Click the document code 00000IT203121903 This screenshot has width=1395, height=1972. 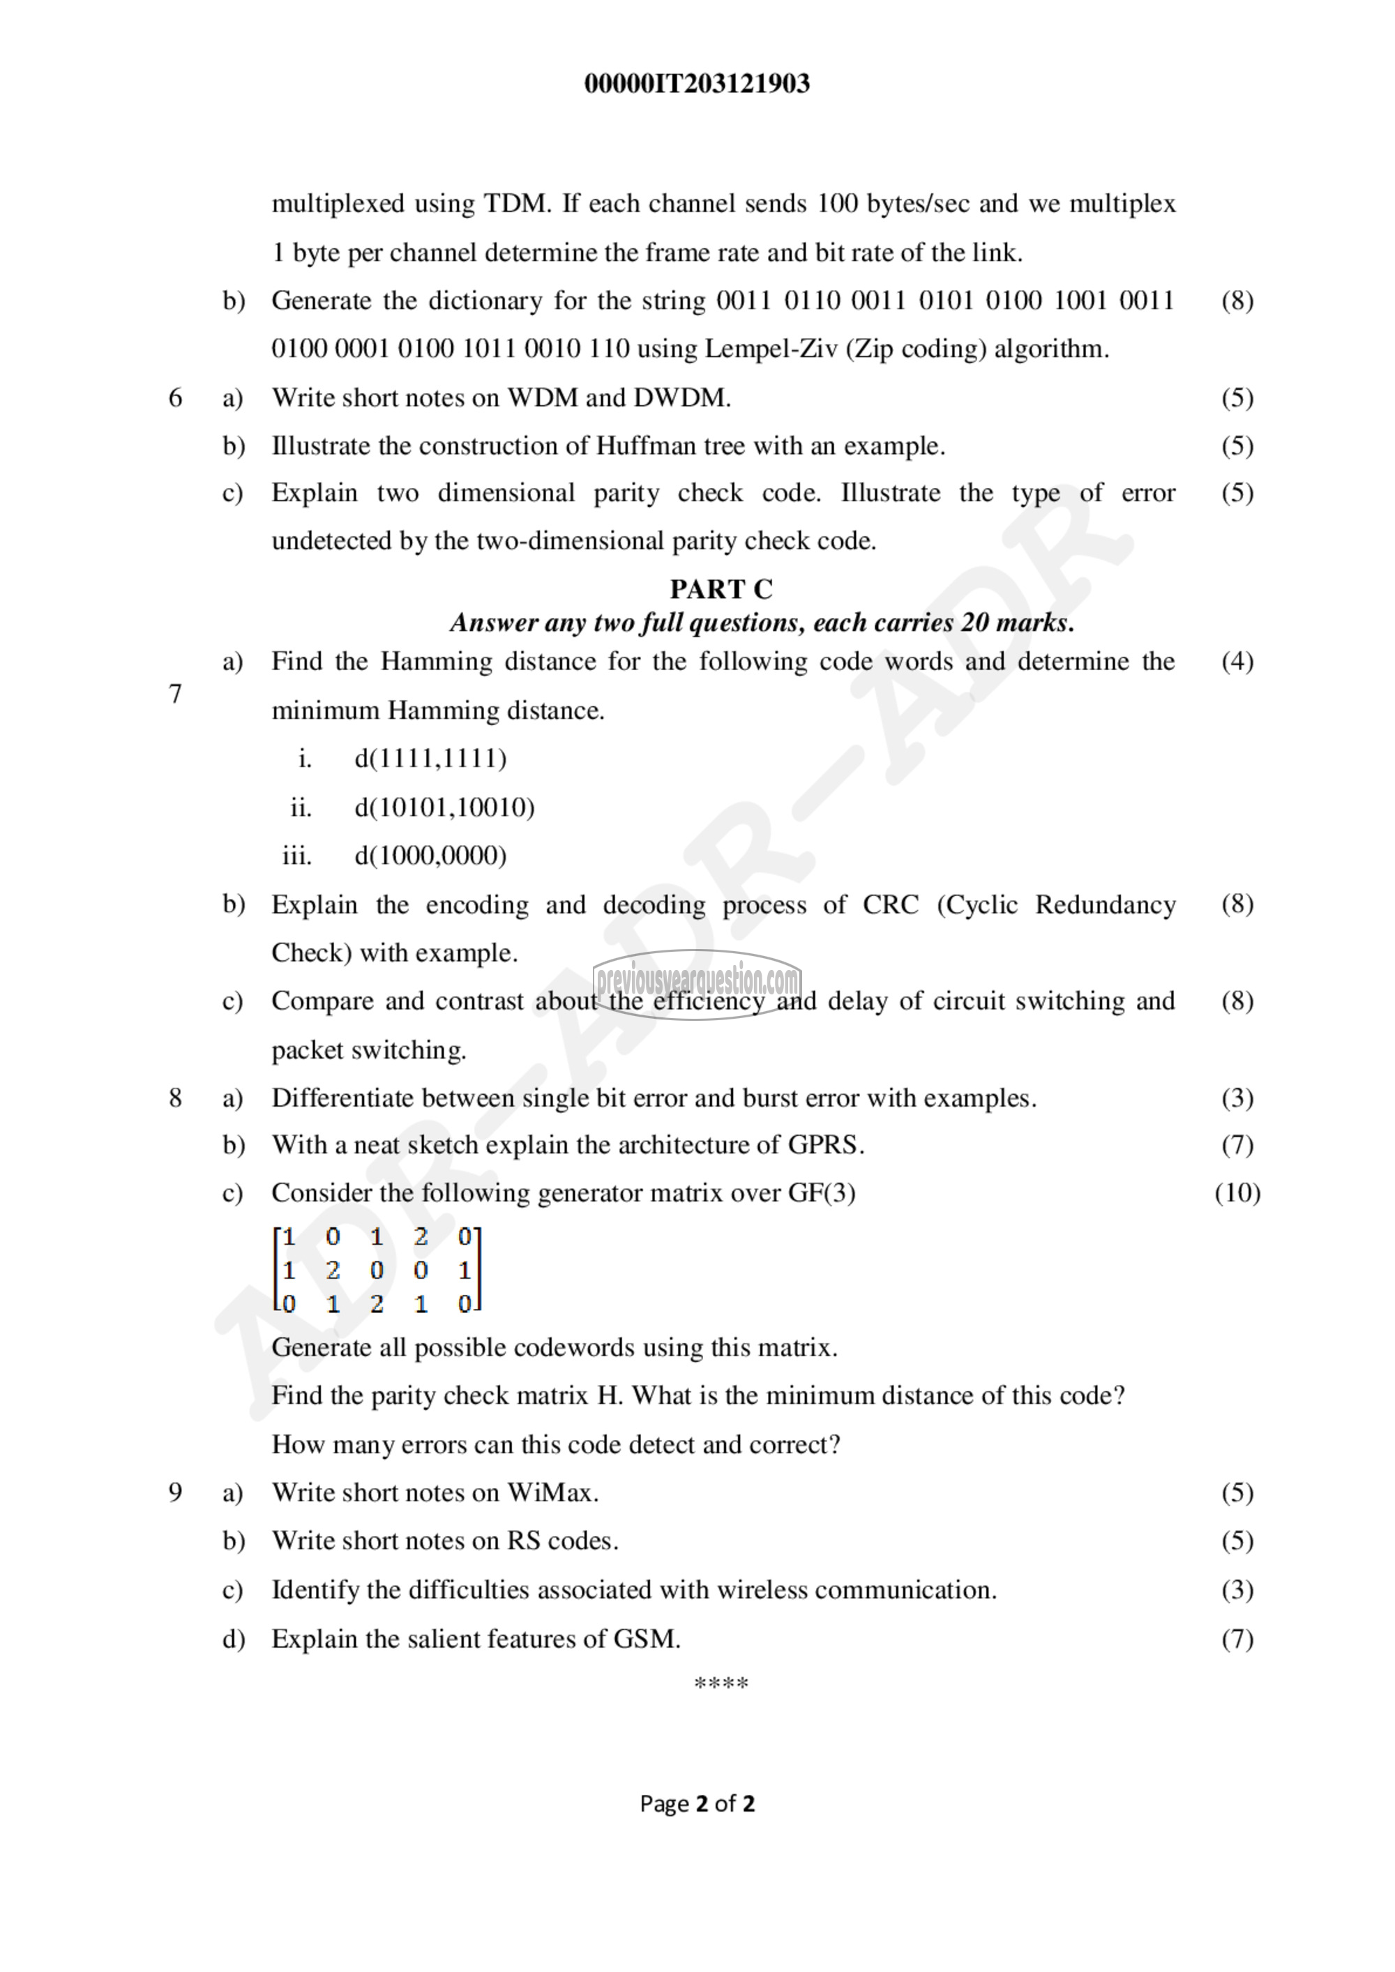pos(697,83)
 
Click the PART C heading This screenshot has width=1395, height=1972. pos(721,589)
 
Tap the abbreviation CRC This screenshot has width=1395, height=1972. pos(891,904)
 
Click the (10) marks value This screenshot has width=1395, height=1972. pos(1237,1193)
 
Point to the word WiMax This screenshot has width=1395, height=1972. pos(552,1493)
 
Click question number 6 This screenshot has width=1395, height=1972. pos(175,397)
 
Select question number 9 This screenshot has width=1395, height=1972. pos(175,1493)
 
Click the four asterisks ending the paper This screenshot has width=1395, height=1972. pos(721,1683)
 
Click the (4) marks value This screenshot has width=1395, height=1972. pos(1237,661)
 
